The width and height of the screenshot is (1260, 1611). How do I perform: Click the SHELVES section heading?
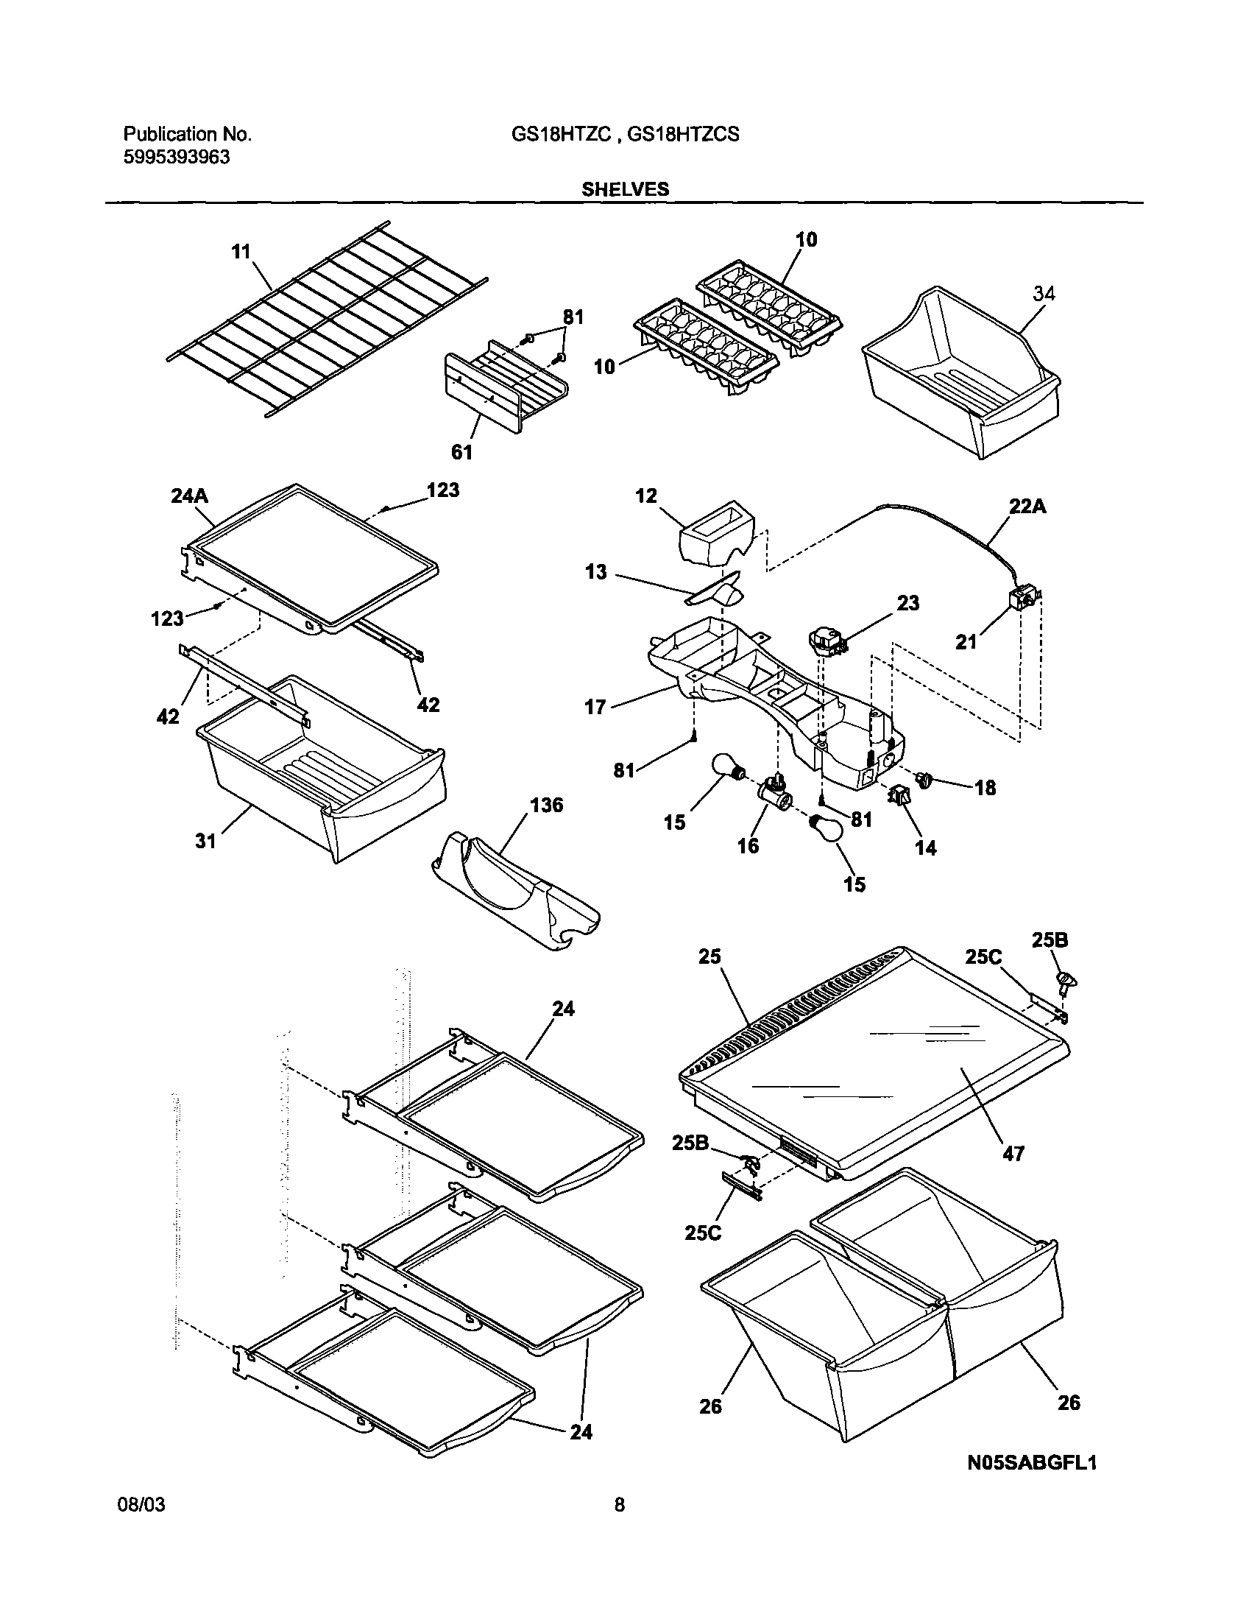tap(625, 190)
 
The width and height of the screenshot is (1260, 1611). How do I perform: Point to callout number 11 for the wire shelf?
tap(241, 252)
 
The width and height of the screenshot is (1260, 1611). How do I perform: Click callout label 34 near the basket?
tap(1044, 294)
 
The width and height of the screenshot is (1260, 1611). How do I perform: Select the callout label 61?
tap(461, 452)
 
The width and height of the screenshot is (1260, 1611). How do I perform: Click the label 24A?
tap(190, 496)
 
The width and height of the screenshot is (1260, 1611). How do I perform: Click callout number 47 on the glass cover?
tap(1013, 1154)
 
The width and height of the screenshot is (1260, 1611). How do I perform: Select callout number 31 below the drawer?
tap(205, 841)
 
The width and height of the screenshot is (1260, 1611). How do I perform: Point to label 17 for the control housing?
tap(595, 707)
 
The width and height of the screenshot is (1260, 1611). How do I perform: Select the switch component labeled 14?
tap(901, 796)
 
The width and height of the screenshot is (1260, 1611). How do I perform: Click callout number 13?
tap(596, 571)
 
